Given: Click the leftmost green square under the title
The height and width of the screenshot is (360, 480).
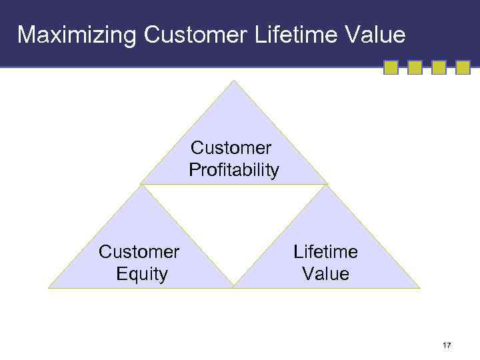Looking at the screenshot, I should (x=391, y=67).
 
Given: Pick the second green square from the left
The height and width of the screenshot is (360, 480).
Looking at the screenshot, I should (x=415, y=67).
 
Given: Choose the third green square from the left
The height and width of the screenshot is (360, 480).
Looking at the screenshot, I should (x=439, y=67).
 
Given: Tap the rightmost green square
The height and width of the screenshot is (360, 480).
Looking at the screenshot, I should (x=463, y=67).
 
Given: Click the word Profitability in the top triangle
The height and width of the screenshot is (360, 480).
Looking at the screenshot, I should (x=234, y=171).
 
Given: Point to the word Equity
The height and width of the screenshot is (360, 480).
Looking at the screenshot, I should (x=141, y=274).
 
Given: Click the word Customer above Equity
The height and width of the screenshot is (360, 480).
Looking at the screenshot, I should (x=139, y=252).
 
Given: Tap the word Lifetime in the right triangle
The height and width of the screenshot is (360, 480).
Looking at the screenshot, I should (x=325, y=252).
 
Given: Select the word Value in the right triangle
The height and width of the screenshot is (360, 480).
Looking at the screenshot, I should (x=325, y=274).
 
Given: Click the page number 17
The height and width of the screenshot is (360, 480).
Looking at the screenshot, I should (x=447, y=345).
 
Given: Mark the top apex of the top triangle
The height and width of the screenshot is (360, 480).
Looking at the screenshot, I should (x=234, y=81).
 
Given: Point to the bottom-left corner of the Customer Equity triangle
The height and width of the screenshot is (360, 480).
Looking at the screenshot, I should (x=49, y=287).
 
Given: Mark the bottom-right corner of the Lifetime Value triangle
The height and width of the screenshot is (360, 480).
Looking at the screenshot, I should (x=420, y=287).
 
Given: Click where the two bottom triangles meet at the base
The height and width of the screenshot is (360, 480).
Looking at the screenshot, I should (x=234, y=287).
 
